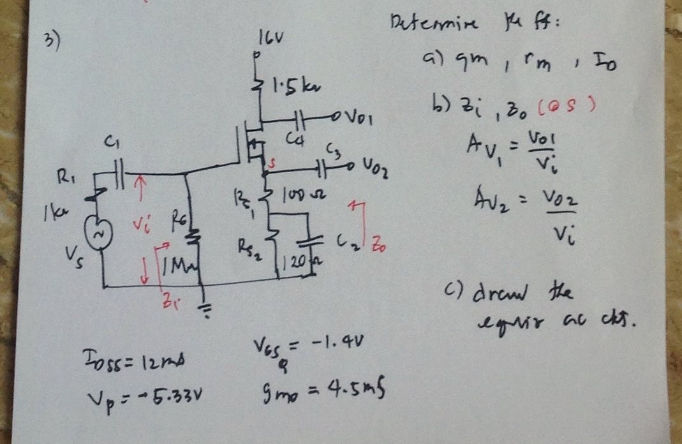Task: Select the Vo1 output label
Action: [361, 118]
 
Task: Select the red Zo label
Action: [378, 243]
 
